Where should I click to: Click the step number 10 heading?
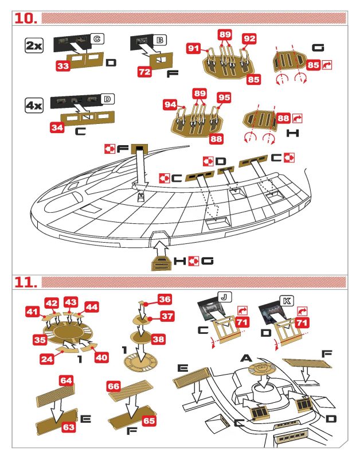pos(26,18)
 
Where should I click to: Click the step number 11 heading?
pos(26,282)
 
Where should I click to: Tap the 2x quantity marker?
pos(34,46)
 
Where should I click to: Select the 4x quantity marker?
pos(34,105)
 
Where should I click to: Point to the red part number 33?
pos(63,66)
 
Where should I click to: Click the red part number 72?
pos(145,72)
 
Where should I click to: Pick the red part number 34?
pos(57,127)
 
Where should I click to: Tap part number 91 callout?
pos(194,48)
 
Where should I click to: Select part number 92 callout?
pos(249,38)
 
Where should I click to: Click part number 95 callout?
pos(224,98)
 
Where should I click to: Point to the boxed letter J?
pos(224,297)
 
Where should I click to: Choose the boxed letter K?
pos(287,301)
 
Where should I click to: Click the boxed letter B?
pos(160,40)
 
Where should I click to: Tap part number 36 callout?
pos(165,299)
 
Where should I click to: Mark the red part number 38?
pos(159,339)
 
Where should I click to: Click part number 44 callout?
pos(92,307)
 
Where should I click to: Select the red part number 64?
pos(66,380)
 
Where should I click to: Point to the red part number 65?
pos(149,421)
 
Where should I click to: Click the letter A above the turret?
pos(246,358)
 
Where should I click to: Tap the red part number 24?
pos(47,359)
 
